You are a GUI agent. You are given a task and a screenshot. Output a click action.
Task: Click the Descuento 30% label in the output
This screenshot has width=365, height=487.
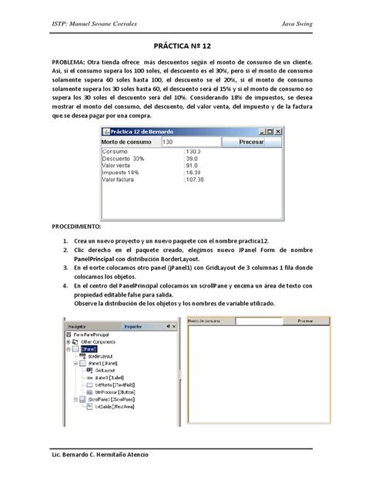(x=124, y=159)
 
